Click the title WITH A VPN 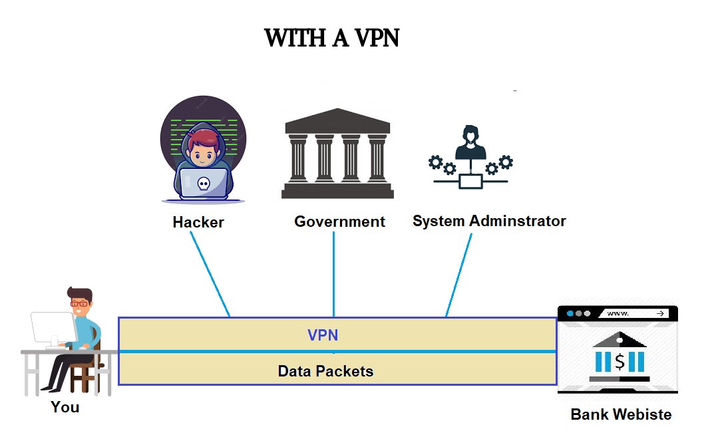(x=331, y=38)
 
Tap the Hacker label (x=198, y=222)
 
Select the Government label (x=339, y=221)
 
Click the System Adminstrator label (x=489, y=221)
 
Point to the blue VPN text (x=323, y=335)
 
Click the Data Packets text (x=325, y=371)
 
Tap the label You (x=65, y=407)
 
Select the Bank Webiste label (x=621, y=414)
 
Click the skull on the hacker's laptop (x=203, y=183)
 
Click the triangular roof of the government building (x=337, y=120)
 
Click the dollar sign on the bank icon (x=620, y=362)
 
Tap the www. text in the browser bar (x=618, y=313)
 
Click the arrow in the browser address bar (x=660, y=313)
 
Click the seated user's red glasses (x=79, y=304)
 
